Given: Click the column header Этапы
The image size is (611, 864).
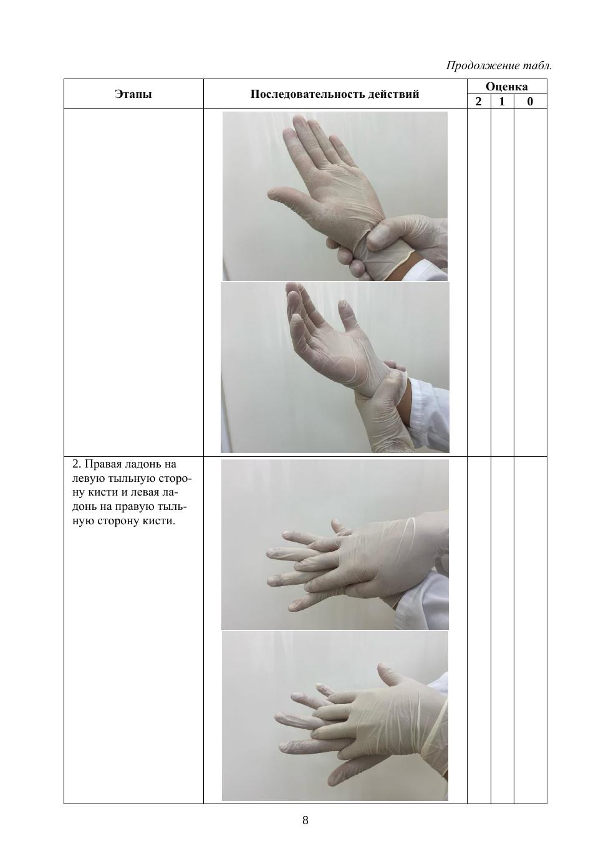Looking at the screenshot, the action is tap(133, 94).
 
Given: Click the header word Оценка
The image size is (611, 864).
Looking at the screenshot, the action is tap(506, 87).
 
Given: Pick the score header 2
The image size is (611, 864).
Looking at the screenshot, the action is tap(479, 102).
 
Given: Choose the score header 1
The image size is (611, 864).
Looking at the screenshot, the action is tap(502, 102).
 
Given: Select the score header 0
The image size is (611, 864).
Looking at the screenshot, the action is tap(530, 102).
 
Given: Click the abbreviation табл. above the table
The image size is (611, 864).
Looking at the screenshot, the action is tap(537, 65).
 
